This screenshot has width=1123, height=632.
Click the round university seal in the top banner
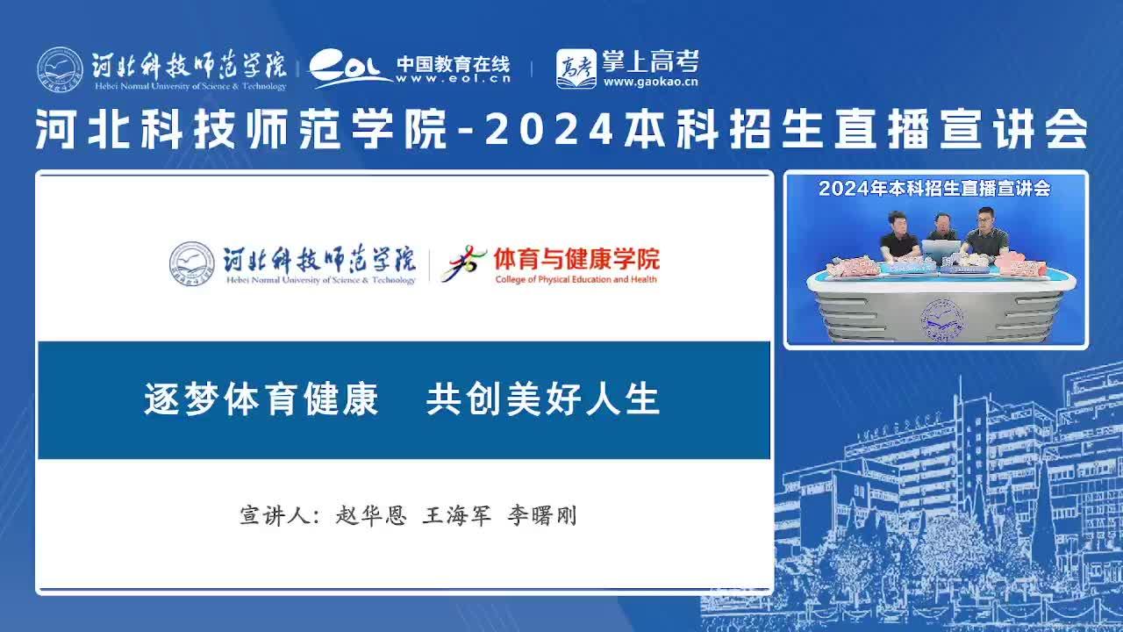coord(60,69)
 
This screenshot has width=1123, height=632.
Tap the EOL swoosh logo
coord(349,68)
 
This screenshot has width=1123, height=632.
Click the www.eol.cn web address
coord(454,79)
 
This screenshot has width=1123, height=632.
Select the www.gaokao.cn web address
coord(650,82)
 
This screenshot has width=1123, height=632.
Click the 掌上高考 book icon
coord(576,68)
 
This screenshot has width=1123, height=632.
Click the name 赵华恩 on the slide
coord(370,515)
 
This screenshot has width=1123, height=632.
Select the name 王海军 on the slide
coord(456,515)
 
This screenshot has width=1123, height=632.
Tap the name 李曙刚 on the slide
coord(542,515)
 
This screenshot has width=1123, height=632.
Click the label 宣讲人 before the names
coord(275,515)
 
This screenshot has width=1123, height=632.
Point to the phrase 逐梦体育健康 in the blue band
coord(261,399)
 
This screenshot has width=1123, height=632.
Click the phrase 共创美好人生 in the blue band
coord(542,399)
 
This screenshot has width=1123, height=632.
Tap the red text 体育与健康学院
coord(576,259)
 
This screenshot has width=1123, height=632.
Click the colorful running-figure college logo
coord(463,264)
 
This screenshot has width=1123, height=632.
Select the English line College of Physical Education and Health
coord(576,279)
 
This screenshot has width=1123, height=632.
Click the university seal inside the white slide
coord(191,264)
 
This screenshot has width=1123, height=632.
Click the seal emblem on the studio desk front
coord(941,320)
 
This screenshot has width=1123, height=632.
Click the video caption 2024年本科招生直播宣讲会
coord(934,188)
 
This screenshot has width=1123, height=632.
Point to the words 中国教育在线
coord(454,64)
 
